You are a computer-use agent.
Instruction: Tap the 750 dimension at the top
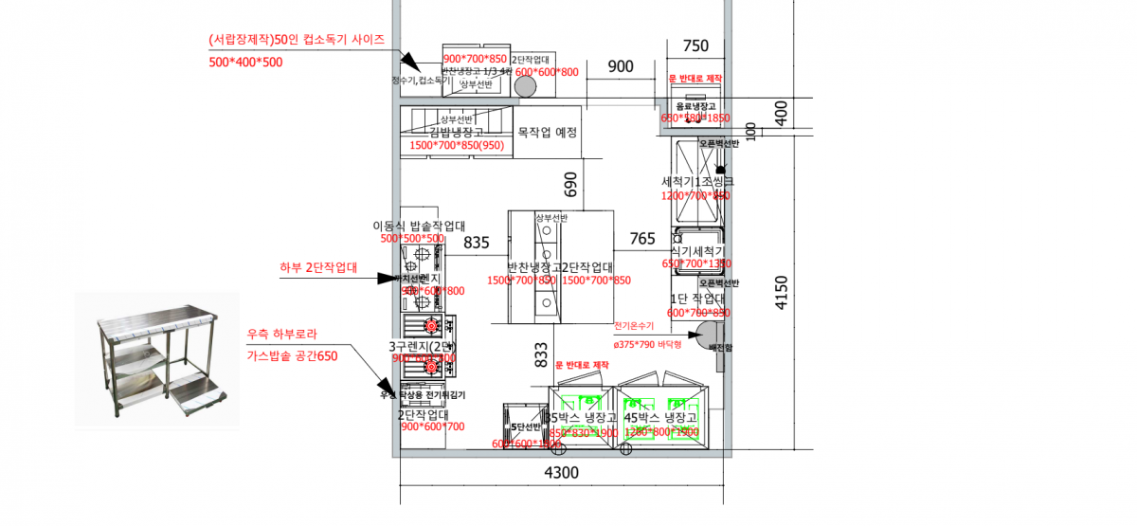point(695,45)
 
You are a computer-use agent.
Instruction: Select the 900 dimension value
point(621,66)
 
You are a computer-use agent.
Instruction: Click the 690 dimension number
point(570,184)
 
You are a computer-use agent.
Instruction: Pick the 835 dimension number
point(476,243)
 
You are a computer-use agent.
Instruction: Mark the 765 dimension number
point(642,239)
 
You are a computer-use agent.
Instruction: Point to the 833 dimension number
point(541,354)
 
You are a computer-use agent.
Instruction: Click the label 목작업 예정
point(547,133)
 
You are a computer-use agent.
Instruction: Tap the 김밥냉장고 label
point(457,133)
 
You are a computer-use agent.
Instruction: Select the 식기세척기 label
point(697,251)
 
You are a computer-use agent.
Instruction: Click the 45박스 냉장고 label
point(661,417)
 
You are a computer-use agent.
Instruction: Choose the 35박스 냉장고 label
point(582,417)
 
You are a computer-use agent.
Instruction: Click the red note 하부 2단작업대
point(318,267)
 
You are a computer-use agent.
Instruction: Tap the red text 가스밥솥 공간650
point(291,355)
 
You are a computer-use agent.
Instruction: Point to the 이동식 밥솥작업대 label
point(418,226)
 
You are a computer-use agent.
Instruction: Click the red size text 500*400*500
point(245,62)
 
